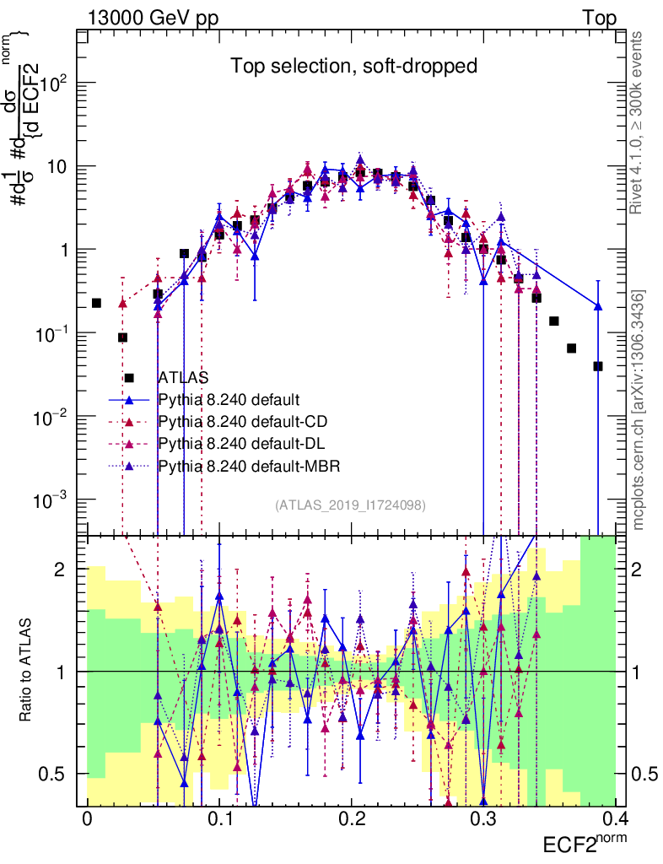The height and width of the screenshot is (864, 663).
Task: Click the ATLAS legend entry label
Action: [183, 378]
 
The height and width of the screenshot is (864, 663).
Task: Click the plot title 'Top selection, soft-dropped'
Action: [354, 67]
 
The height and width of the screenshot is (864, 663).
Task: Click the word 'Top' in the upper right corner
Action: [599, 19]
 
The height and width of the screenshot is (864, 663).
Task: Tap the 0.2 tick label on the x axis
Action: [352, 818]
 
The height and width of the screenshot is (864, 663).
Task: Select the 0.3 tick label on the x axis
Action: [483, 818]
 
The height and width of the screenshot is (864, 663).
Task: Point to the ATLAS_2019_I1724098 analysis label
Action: [350, 505]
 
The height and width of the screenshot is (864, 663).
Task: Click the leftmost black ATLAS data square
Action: [96, 303]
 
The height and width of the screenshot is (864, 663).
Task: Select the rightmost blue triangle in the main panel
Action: [598, 306]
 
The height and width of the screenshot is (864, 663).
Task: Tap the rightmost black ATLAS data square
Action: [598, 366]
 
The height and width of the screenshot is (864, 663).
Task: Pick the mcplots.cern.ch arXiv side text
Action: [639, 409]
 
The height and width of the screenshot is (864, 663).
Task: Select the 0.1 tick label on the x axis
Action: [219, 818]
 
